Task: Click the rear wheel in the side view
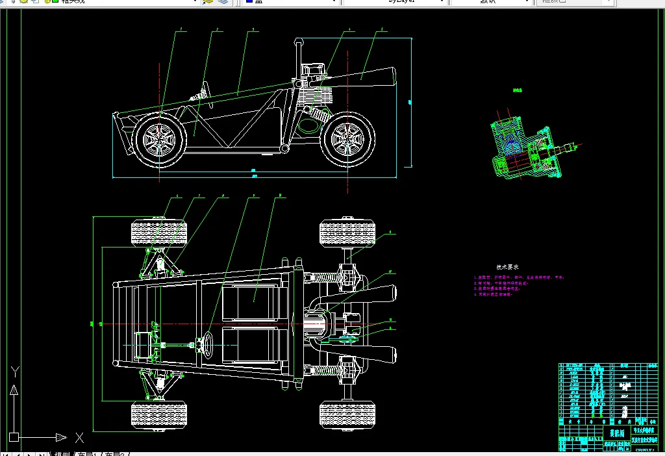(348, 140)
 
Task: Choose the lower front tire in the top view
(158, 415)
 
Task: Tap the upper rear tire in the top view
(347, 234)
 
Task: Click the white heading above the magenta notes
(508, 267)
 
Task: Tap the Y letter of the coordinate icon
(14, 373)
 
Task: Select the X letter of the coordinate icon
(79, 437)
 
